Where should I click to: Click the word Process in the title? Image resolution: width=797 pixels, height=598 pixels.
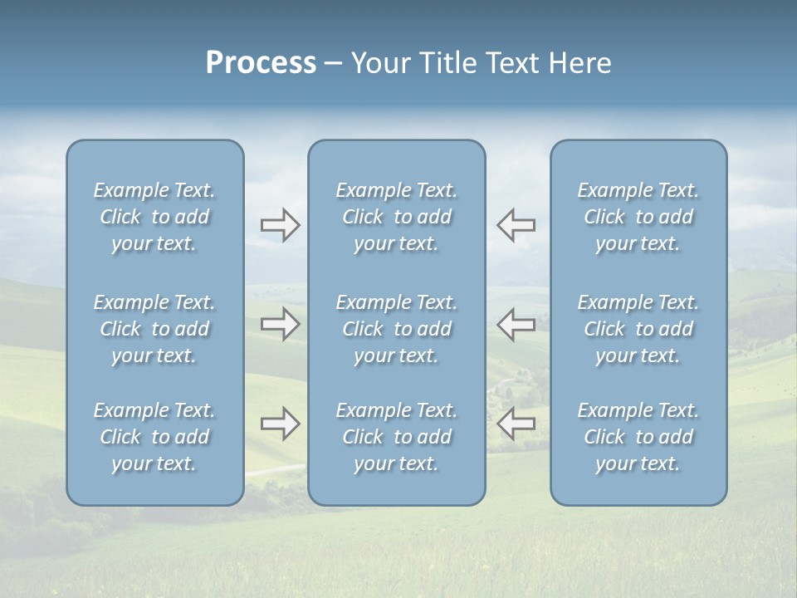(x=261, y=63)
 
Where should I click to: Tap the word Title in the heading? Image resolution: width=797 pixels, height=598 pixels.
(x=447, y=63)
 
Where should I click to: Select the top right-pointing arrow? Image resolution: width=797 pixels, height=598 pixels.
(x=280, y=225)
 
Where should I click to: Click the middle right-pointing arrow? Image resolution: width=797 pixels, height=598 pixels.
(x=280, y=324)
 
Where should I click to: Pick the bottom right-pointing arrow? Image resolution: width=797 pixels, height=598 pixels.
(x=280, y=424)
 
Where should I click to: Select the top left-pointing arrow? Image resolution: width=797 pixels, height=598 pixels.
(x=516, y=225)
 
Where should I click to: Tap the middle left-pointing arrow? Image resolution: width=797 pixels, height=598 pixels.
(x=516, y=324)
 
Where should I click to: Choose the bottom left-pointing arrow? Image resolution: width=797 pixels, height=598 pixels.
(x=516, y=424)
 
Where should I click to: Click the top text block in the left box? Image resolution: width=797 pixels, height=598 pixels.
(x=154, y=217)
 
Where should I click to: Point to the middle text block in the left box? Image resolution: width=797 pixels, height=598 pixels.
(x=154, y=329)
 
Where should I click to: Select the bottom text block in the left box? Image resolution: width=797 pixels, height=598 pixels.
(x=154, y=437)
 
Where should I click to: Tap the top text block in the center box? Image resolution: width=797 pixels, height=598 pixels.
(x=396, y=217)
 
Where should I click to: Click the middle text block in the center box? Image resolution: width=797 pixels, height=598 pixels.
(x=396, y=329)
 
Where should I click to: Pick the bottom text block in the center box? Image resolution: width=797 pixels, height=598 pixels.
(x=396, y=437)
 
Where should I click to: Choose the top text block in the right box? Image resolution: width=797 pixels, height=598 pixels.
(x=638, y=217)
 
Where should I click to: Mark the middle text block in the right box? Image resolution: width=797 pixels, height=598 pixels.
(x=638, y=329)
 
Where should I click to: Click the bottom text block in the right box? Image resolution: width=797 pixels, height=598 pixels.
(x=638, y=437)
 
